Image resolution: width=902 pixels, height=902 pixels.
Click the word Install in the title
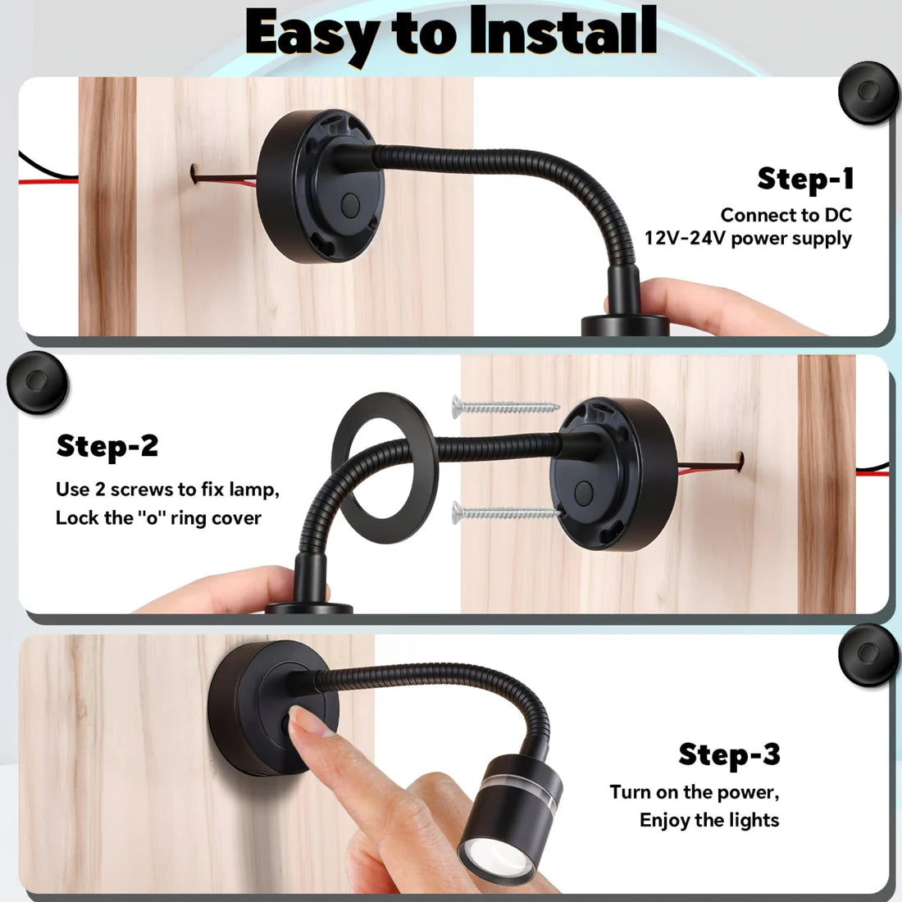coord(563,33)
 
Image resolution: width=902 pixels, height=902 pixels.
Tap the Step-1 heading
coord(805,179)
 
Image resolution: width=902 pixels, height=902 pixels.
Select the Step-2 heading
coord(107,446)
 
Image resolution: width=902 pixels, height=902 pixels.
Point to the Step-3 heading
coord(729,754)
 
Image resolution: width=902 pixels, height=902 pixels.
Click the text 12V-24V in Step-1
coord(685,239)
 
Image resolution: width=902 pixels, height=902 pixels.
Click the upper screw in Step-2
coord(504,405)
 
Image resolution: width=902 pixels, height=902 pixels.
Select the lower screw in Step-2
coord(504,514)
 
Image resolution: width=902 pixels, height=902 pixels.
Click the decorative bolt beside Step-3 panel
coord(868,655)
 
